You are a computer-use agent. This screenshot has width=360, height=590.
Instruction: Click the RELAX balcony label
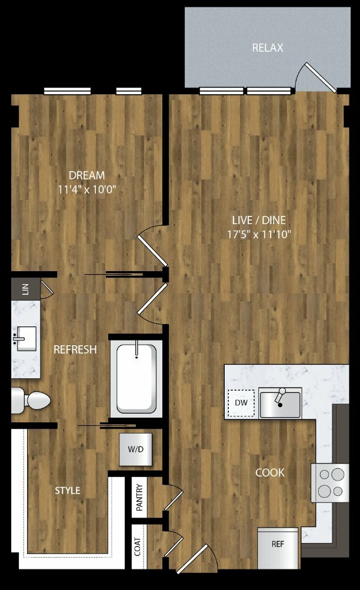pos(268,48)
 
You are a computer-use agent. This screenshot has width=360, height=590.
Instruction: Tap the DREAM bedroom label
pos(87,175)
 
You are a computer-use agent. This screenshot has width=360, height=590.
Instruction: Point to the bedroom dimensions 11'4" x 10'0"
pos(87,189)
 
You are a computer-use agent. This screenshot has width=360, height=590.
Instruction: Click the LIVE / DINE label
pos(259,220)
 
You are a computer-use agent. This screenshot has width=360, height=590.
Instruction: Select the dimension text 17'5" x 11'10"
pos(259,235)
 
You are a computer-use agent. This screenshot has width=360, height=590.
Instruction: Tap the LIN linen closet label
pos(25,289)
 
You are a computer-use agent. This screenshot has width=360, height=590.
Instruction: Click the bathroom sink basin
pos(25,339)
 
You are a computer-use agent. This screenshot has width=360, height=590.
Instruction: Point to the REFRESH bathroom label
pos(75,349)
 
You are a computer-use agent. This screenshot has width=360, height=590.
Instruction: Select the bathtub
pos(136,379)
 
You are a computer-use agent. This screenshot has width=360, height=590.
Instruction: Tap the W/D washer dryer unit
pos(136,449)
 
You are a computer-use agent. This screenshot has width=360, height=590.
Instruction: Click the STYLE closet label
pos(68,490)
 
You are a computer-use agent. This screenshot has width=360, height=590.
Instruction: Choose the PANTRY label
pos(139,498)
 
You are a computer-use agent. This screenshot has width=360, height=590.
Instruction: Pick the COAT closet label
pos(138,546)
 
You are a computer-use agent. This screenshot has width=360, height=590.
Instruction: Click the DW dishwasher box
pos(241,403)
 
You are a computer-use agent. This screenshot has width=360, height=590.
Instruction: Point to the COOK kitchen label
pos(270,472)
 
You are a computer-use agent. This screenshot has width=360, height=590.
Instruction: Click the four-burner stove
pos(330,483)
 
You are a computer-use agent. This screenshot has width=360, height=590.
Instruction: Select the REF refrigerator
pos(278,548)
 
